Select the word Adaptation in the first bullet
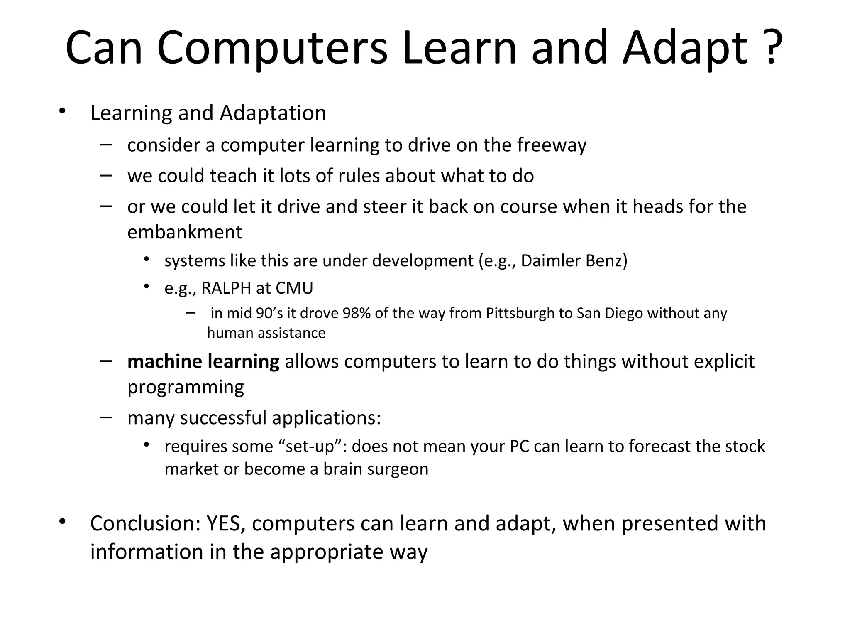(273, 113)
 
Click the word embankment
(185, 232)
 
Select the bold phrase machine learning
(203, 361)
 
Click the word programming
(186, 387)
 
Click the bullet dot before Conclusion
(62, 522)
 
